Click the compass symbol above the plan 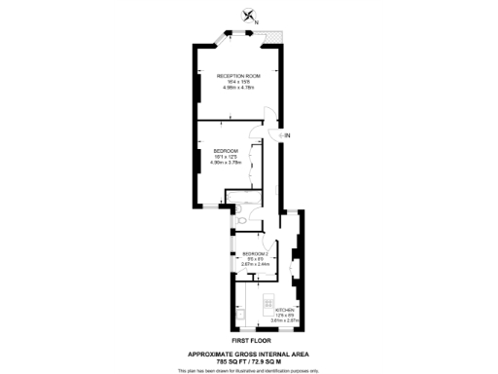[250, 16]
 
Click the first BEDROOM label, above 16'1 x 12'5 [226, 149]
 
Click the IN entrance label [287, 134]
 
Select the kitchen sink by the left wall [237, 317]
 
